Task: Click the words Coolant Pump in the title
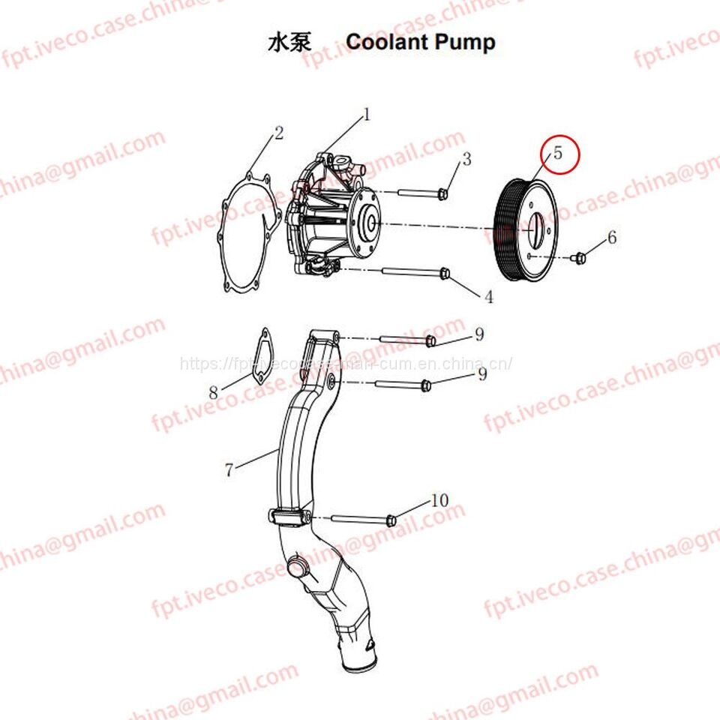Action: (x=420, y=42)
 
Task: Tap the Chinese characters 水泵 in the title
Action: (x=289, y=43)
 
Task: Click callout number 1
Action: (x=367, y=114)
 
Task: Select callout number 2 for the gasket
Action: (x=279, y=133)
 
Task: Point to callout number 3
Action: (x=466, y=159)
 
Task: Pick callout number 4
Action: (x=488, y=297)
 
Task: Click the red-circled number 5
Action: (x=558, y=153)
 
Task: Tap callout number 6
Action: (x=612, y=237)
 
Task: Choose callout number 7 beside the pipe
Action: (x=229, y=470)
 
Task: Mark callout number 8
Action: (x=214, y=391)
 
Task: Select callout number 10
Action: (x=439, y=500)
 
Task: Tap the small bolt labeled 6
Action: (x=578, y=258)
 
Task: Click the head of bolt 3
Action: (x=442, y=194)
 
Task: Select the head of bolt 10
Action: (x=391, y=520)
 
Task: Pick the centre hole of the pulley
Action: (x=535, y=228)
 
